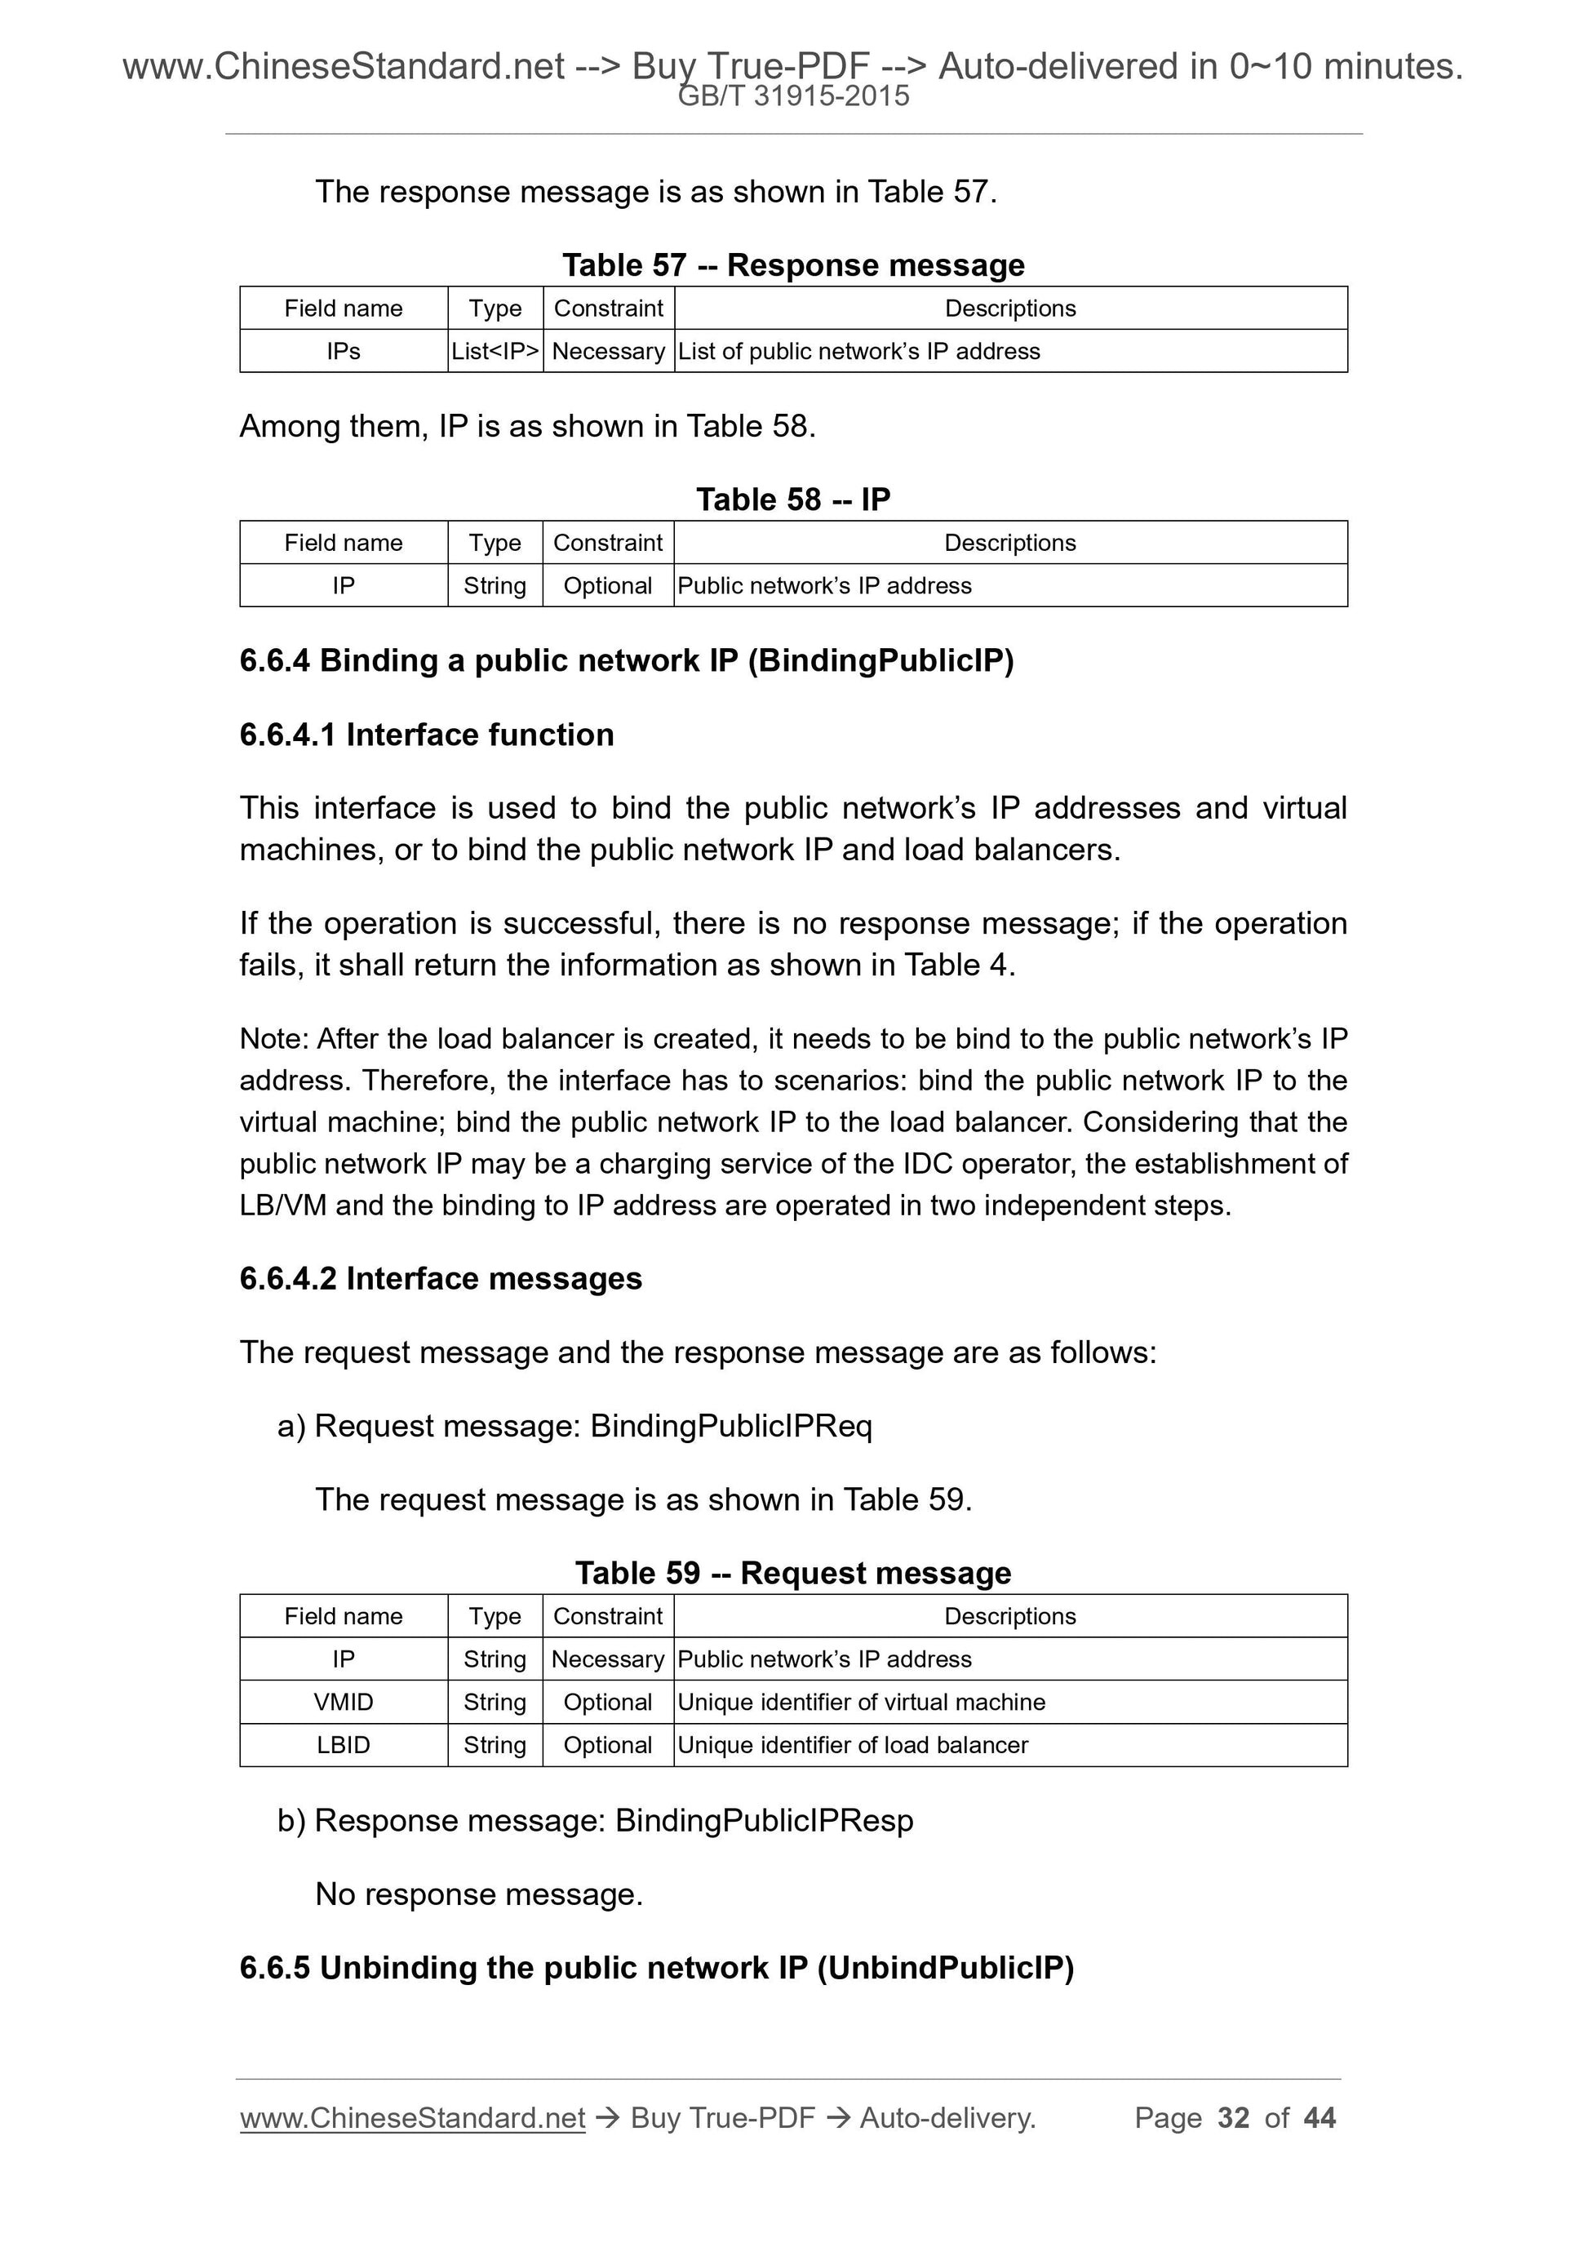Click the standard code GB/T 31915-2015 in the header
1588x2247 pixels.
point(793,96)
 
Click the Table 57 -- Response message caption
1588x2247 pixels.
point(793,264)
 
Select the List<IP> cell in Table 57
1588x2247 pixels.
point(495,351)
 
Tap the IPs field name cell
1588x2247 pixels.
point(344,351)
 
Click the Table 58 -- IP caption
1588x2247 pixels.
point(793,500)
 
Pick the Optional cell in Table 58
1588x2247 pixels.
point(608,585)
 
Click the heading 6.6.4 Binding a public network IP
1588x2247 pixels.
point(626,660)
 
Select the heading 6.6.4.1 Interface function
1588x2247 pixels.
point(427,735)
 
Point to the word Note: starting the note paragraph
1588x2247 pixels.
point(274,1038)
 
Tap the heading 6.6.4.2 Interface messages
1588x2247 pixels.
point(441,1278)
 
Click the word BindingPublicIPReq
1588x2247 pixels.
point(731,1426)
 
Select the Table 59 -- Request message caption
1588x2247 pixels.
point(793,1573)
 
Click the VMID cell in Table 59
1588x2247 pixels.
point(344,1702)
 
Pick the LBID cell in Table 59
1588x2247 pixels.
point(344,1745)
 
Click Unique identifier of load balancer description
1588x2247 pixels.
point(852,1745)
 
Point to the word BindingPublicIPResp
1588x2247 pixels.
point(764,1820)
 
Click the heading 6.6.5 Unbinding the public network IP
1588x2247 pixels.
point(657,1967)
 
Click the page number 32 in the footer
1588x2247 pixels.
point(1233,2117)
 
